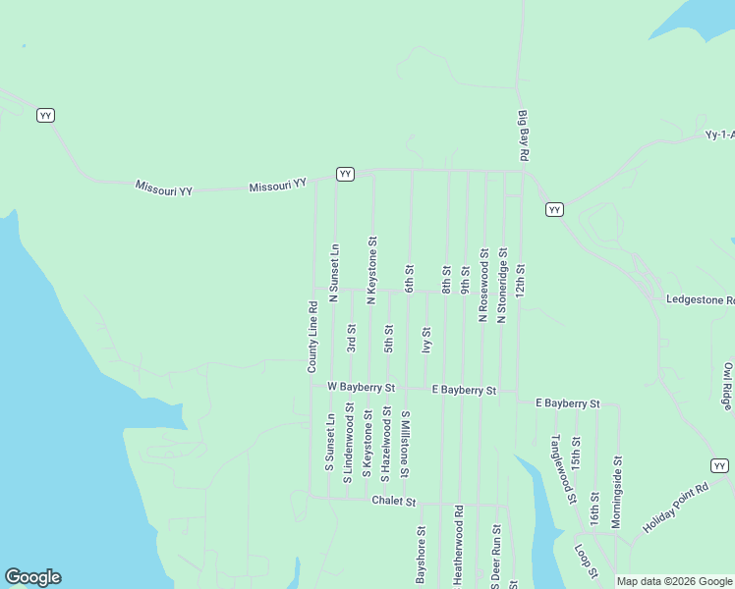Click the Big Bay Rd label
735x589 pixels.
(524, 135)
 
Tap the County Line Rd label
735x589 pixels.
(312, 336)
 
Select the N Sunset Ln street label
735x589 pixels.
(334, 272)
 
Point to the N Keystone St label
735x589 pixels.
(371, 269)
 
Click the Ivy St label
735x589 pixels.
(426, 340)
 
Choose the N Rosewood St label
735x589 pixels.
(483, 285)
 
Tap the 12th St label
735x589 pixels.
(521, 281)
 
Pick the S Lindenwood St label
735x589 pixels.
(347, 446)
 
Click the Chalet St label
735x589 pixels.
(394, 501)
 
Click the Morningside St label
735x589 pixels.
(616, 492)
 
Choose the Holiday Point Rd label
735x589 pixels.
(676, 509)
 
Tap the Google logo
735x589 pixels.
(32, 577)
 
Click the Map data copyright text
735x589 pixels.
(674, 581)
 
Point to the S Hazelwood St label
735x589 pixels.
(385, 444)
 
